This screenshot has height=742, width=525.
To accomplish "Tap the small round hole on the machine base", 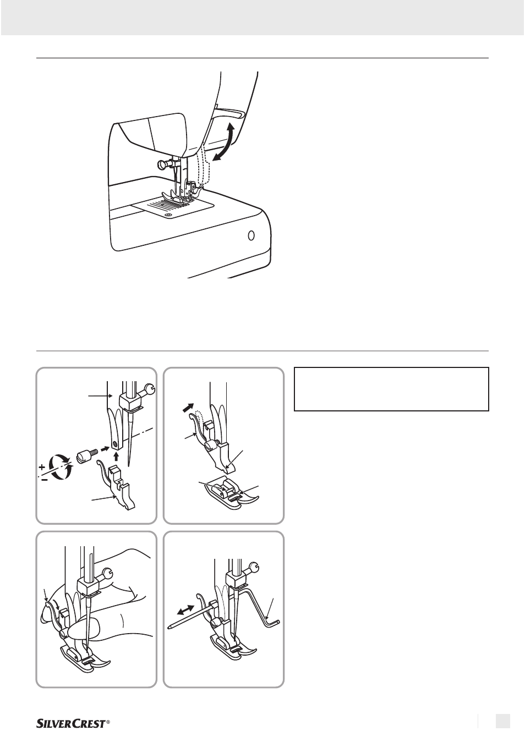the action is (251, 236).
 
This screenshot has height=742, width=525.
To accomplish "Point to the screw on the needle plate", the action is (169, 215).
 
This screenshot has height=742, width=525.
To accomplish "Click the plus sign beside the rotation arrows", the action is (42, 468).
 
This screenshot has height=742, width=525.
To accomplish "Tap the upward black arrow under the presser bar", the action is (116, 459).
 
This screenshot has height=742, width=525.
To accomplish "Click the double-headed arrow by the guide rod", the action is (185, 610).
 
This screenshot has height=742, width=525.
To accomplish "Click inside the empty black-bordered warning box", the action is (391, 389).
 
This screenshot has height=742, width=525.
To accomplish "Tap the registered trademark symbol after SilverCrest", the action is (107, 721).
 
